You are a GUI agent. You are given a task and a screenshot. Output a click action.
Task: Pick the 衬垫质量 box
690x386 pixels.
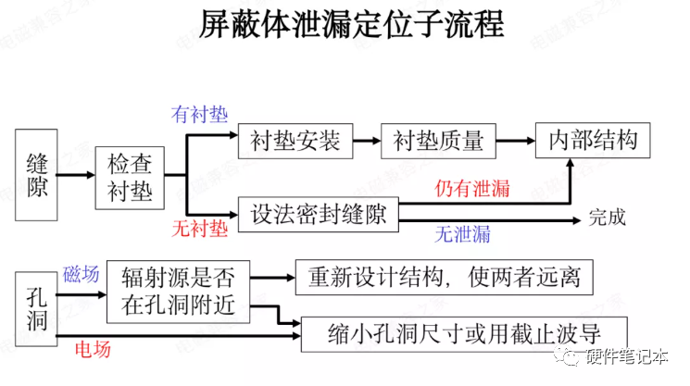[x=438, y=141]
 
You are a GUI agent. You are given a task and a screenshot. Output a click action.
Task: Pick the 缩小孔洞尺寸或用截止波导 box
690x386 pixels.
[x=464, y=332]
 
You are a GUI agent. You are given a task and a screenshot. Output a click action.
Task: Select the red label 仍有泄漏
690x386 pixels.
[x=472, y=189]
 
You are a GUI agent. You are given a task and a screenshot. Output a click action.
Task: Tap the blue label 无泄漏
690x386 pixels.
[x=463, y=234]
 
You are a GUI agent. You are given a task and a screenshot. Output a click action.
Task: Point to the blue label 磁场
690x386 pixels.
[x=80, y=274]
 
